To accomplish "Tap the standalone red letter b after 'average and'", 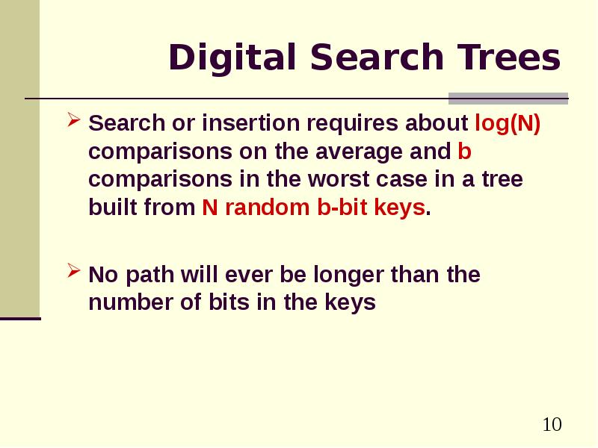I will click(x=464, y=151).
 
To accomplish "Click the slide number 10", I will click(x=552, y=425).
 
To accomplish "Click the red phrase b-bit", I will click(x=342, y=208).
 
